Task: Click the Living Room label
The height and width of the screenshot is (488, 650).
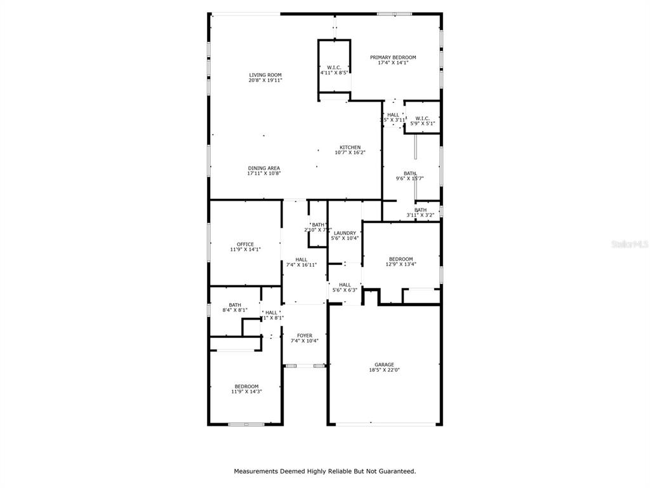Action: coord(265,75)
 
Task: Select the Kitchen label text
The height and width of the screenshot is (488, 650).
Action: coord(350,147)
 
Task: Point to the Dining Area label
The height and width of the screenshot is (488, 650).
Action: coord(264,168)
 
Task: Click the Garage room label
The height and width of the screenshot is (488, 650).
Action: coord(384,365)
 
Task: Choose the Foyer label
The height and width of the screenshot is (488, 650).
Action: coord(305,335)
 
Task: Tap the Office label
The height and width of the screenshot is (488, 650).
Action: coord(245,245)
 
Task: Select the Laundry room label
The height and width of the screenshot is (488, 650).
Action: coord(345,233)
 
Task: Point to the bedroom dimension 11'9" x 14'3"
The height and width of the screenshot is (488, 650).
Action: coord(246,391)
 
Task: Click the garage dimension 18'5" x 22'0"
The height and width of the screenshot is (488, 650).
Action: coord(384,370)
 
